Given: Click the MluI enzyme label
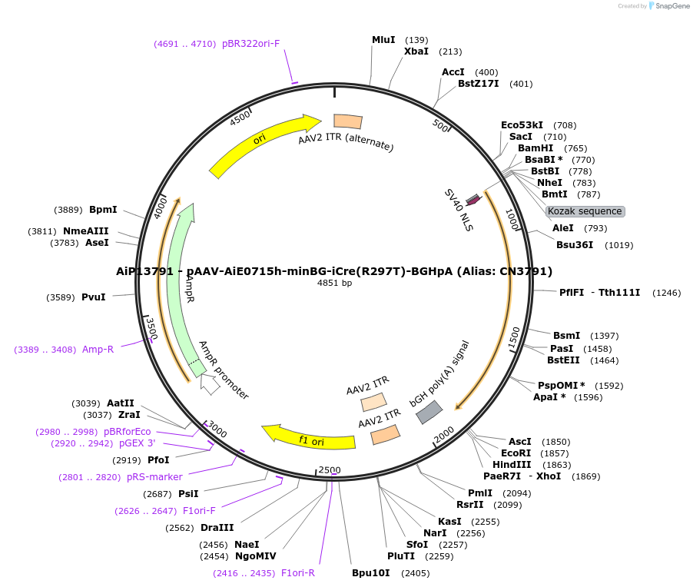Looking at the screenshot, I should (383, 40).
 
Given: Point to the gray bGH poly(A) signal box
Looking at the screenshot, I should (428, 413).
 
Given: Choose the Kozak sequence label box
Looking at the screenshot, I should (585, 211).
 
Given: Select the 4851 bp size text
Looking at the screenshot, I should (334, 284).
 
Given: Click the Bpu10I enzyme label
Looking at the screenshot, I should (371, 573).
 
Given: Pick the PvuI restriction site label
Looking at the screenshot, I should (93, 297).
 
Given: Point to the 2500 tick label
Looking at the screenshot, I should (329, 470).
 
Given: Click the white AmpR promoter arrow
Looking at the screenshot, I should (210, 385).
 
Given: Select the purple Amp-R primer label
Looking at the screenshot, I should (98, 350).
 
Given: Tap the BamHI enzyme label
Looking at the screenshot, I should (535, 148).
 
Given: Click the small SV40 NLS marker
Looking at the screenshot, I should (473, 200).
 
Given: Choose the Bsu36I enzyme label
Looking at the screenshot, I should (575, 245).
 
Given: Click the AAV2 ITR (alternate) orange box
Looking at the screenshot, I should (348, 121).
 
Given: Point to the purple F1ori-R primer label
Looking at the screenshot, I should (298, 573).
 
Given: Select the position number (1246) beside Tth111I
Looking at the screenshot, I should (666, 293).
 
